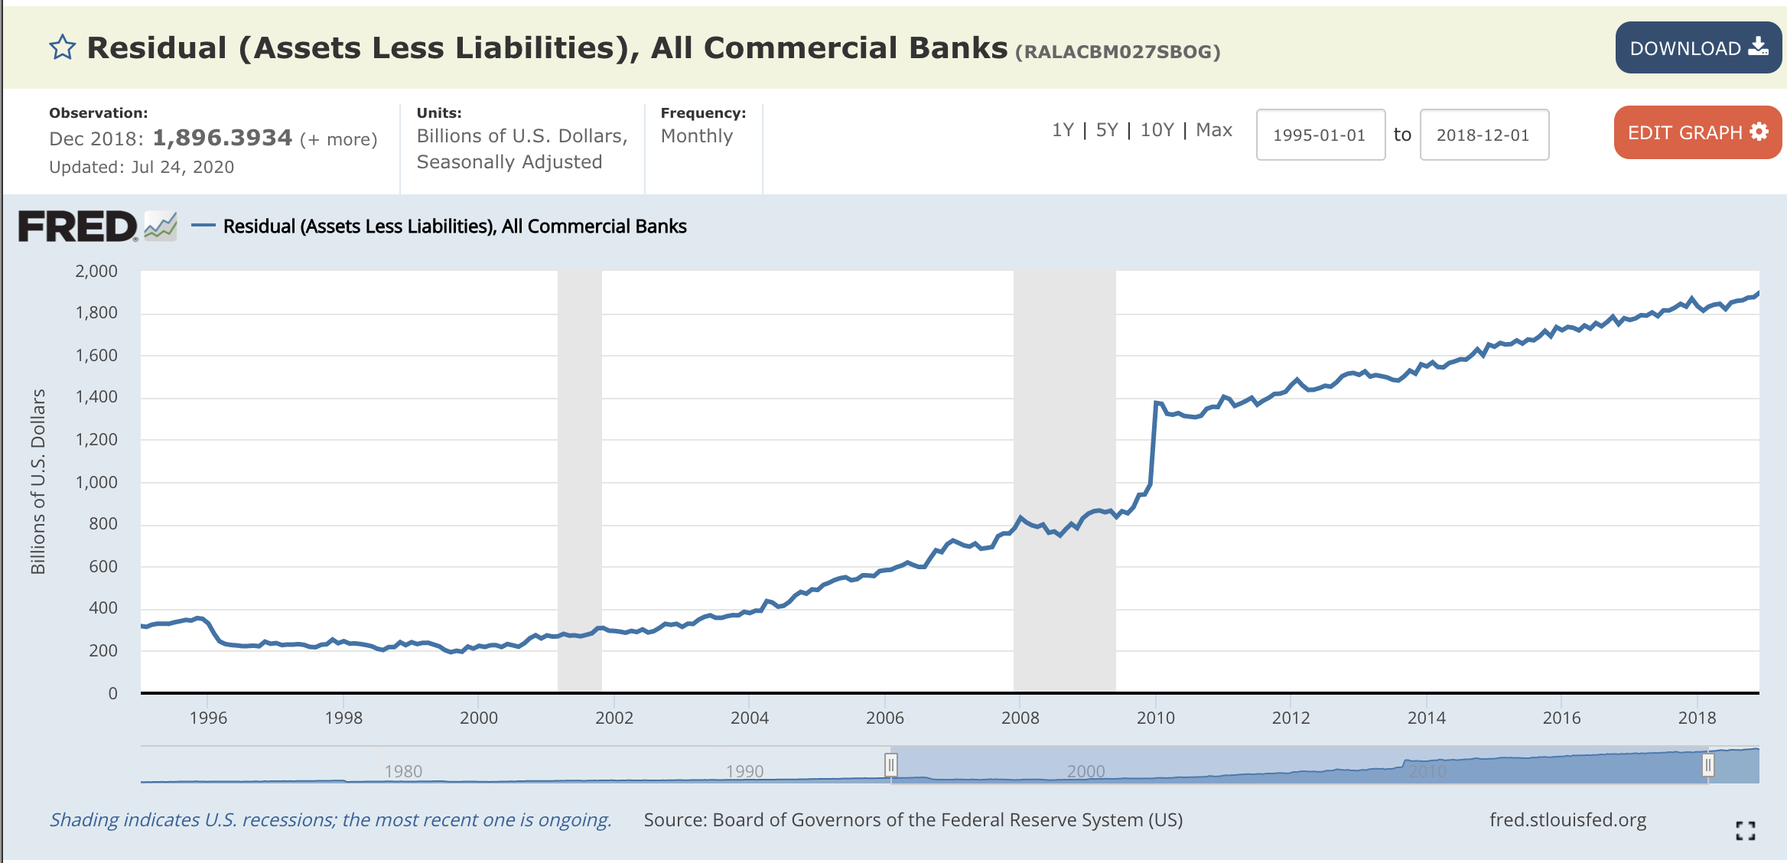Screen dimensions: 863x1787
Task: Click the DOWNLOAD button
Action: coord(1697,48)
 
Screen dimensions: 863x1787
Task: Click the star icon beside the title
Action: coord(62,47)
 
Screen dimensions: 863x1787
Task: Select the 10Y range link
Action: coord(1157,130)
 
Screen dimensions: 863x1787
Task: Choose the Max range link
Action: coord(1214,130)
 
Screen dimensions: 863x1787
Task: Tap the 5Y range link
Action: coord(1106,130)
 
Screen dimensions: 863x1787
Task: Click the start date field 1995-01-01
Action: coord(1320,135)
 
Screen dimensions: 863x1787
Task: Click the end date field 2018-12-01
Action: coord(1483,135)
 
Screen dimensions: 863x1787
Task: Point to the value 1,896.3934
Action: coord(222,138)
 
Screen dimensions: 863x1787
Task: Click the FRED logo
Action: coord(78,226)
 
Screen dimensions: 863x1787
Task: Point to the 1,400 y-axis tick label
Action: coord(96,396)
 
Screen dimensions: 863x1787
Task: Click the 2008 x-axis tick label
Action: coord(1020,718)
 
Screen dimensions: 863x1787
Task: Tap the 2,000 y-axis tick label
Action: coord(96,271)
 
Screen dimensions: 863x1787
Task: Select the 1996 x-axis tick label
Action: coord(208,718)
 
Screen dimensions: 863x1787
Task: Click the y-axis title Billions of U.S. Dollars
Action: coord(38,481)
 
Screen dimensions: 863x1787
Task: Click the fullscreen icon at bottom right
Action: coord(1745,830)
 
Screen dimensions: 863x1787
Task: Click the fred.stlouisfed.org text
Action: coord(1567,820)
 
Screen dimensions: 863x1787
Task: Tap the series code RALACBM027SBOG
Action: coord(1117,52)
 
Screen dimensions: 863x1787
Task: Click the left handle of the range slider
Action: coord(890,764)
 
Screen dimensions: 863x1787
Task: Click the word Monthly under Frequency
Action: coord(696,136)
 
